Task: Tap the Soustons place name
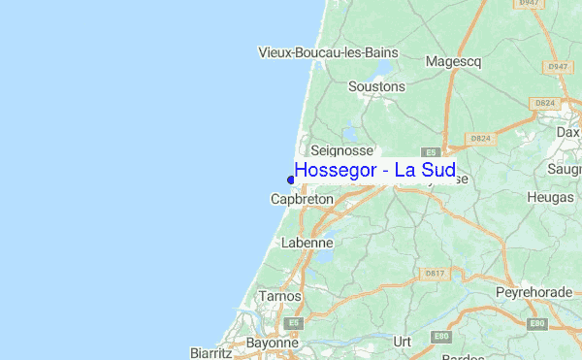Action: tap(376, 86)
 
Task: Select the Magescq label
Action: tap(454, 62)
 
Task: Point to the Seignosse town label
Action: tap(341, 150)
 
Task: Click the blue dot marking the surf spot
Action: tap(290, 178)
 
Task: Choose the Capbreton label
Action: tap(302, 199)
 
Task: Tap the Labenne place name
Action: tap(307, 243)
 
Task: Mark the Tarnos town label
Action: tap(279, 296)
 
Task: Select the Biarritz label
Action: tap(210, 351)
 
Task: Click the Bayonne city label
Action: tap(272, 343)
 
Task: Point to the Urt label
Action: tap(403, 342)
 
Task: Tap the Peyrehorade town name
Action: tap(535, 292)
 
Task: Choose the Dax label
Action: tap(567, 132)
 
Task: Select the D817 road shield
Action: tap(435, 274)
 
